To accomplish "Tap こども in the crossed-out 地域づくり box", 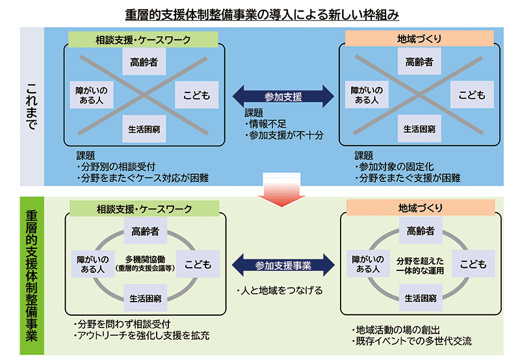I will pyautogui.click(x=472, y=95).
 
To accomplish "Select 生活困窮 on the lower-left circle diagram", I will pyautogui.click(x=144, y=298).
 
